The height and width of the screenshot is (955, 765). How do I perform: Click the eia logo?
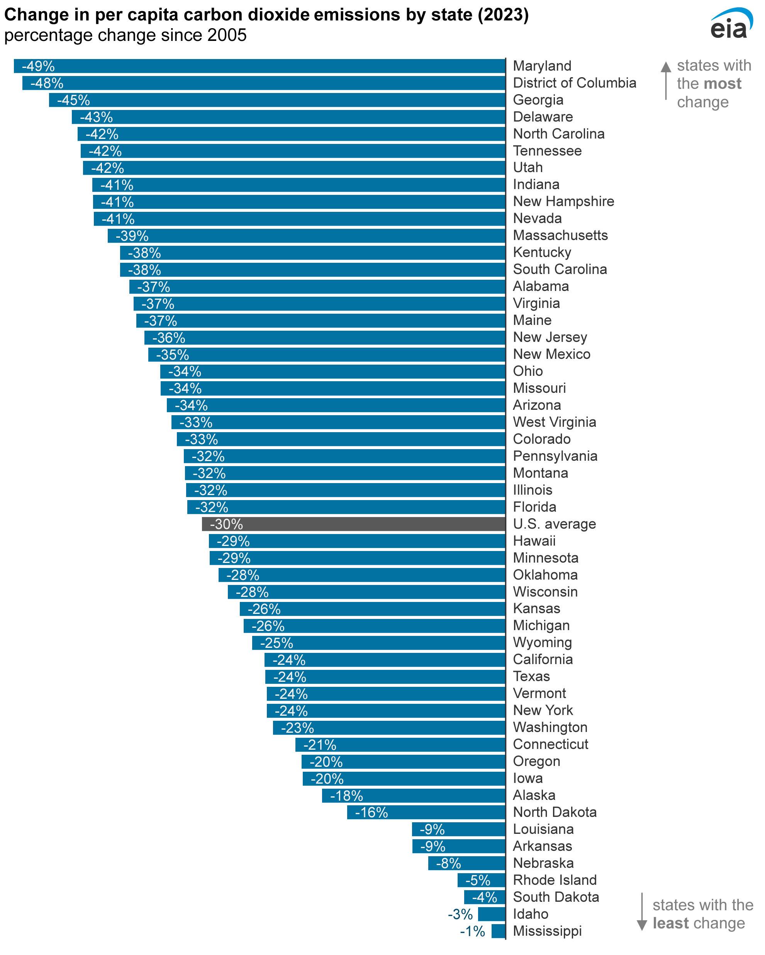tap(730, 24)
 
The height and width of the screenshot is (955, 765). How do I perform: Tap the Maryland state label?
tap(542, 66)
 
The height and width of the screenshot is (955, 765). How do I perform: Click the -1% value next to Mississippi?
tap(472, 931)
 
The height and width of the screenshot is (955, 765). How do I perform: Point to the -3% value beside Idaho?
tap(460, 914)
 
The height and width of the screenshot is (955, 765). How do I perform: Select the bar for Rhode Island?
tap(481, 880)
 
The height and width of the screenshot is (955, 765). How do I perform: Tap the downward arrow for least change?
tap(641, 913)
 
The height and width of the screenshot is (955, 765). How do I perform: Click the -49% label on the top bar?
tap(39, 66)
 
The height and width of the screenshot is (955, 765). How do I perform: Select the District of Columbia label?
tap(574, 83)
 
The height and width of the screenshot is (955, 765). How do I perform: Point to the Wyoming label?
tap(542, 642)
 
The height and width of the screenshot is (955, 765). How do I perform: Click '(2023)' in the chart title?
tap(503, 15)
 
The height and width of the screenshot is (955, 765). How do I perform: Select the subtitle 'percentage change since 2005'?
tap(125, 35)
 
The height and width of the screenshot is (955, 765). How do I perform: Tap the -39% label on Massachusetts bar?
tap(132, 236)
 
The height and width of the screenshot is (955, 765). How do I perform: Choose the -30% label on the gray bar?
tap(226, 524)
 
